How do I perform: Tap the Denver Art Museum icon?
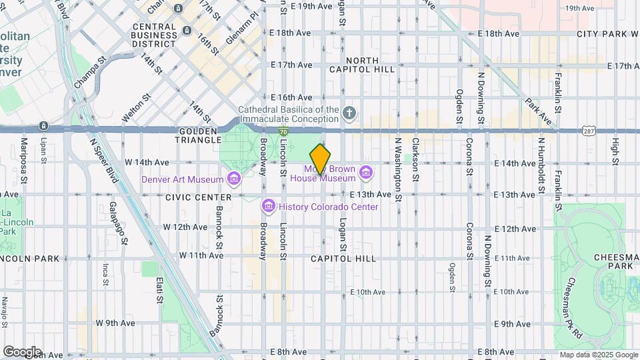tap(233, 179)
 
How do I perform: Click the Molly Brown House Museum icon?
tap(365, 173)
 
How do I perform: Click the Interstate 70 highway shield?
tap(284, 131)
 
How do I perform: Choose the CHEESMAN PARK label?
tap(614, 261)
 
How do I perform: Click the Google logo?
tap(22, 351)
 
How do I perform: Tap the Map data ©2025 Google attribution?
tap(598, 355)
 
